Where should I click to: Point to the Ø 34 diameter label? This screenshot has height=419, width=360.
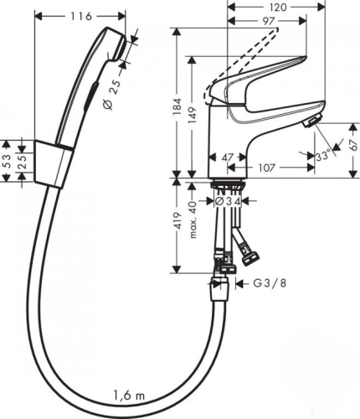(228, 201)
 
